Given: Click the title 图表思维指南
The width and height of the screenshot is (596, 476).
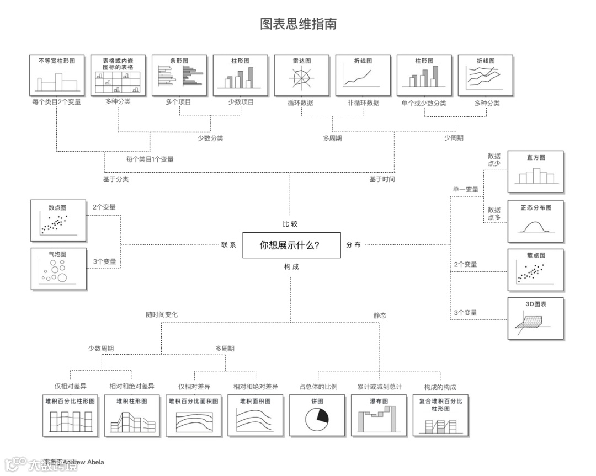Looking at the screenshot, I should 298,24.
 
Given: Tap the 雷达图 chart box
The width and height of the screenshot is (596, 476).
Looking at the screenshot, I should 302,75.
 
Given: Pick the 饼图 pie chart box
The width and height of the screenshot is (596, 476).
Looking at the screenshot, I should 317,416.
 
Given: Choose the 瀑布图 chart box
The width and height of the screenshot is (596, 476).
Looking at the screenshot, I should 378,416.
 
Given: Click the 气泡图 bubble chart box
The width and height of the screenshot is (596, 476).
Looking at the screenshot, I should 58,269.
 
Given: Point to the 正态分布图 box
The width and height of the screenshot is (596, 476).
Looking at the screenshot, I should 535,221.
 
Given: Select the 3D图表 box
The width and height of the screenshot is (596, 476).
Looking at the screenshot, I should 535,318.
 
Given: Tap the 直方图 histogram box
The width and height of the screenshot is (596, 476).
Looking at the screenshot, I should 535,172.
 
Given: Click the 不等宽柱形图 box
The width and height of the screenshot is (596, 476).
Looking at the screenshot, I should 57,75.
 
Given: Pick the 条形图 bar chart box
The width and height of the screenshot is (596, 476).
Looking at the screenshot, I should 179,75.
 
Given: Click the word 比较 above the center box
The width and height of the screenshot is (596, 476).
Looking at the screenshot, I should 290,224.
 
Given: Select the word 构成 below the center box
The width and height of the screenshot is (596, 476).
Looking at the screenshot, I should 291,267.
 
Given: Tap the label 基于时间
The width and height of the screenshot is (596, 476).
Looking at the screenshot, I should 382,179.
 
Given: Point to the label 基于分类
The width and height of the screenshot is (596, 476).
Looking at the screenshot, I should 116,179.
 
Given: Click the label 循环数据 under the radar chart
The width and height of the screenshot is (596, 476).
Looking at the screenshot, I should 300,103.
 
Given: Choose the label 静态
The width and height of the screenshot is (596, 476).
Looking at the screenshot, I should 380,315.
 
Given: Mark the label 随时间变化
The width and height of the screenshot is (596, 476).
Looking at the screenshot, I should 162,315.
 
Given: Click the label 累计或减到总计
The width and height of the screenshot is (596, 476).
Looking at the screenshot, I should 379,387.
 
